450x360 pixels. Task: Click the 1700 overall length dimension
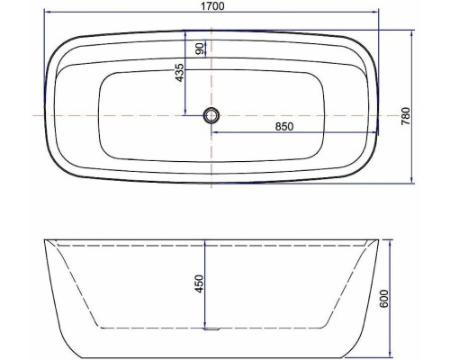(212, 7)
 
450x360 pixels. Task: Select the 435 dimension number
(180, 71)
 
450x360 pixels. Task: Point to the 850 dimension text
(284, 127)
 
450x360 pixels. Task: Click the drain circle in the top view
(211, 115)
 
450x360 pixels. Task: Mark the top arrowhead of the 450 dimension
(206, 245)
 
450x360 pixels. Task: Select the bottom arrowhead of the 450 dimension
(206, 325)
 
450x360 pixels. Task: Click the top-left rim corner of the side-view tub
(43, 242)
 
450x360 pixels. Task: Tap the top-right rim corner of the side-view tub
(379, 242)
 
